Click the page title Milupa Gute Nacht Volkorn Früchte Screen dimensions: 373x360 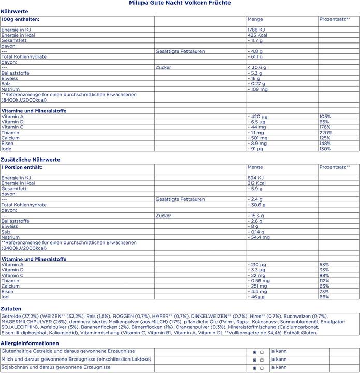pos(180,3)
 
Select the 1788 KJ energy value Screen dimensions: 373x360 pos(257,30)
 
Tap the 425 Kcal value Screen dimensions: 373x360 pos(257,35)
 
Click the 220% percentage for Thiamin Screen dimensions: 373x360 pos(325,133)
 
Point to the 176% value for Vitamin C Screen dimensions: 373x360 pos(325,127)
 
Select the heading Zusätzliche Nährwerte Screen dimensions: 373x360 pos(31,160)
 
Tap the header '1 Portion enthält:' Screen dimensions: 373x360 pos(22,167)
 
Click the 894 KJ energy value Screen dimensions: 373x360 pos(256,178)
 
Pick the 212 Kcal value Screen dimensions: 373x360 pos(256,183)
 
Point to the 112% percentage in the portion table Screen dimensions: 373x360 pos(324,281)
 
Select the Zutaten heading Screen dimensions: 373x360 pos(11,308)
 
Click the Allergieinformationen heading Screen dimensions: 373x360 pos(30,343)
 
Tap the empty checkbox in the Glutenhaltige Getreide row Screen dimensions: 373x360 pos(262,351)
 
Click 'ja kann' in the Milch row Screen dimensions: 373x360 pos(278,359)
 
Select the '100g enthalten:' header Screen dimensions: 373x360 pos(20,19)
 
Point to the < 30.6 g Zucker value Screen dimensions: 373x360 pos(257,67)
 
